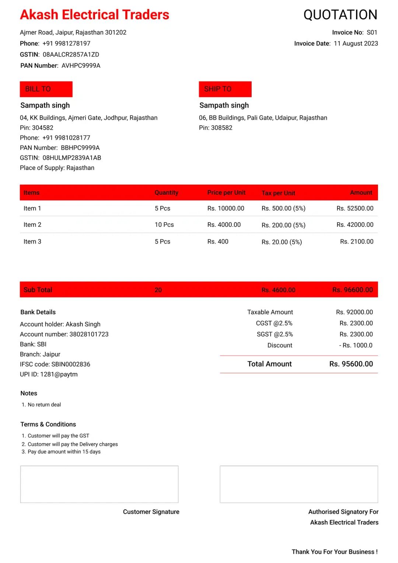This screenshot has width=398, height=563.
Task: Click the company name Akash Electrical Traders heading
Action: click(94, 15)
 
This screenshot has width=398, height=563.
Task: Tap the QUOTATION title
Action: click(340, 15)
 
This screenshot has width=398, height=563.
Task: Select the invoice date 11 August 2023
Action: click(356, 44)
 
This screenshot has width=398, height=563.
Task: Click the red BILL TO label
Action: click(46, 89)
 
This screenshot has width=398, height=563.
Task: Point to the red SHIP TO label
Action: click(225, 89)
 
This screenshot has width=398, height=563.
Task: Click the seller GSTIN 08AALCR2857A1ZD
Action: click(71, 55)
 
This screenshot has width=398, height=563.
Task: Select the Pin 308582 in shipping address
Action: click(216, 128)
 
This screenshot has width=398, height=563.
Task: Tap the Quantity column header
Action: click(166, 192)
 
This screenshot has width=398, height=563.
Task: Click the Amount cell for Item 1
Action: click(355, 208)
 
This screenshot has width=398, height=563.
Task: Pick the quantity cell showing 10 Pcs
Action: click(164, 225)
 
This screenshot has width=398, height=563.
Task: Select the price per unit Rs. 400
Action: click(217, 241)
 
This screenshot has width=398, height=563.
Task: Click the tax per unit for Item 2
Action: click(283, 225)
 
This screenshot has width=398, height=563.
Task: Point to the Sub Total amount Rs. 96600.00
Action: click(352, 290)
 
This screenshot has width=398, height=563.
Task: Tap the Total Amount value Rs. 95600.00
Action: click(351, 364)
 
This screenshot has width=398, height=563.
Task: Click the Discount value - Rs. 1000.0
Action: click(356, 345)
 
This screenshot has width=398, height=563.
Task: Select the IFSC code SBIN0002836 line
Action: click(55, 364)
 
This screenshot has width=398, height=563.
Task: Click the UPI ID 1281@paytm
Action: click(49, 374)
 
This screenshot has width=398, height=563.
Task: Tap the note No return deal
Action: click(44, 405)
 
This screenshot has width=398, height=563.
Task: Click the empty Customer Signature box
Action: click(99, 484)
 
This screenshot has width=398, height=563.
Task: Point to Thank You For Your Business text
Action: click(334, 552)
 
